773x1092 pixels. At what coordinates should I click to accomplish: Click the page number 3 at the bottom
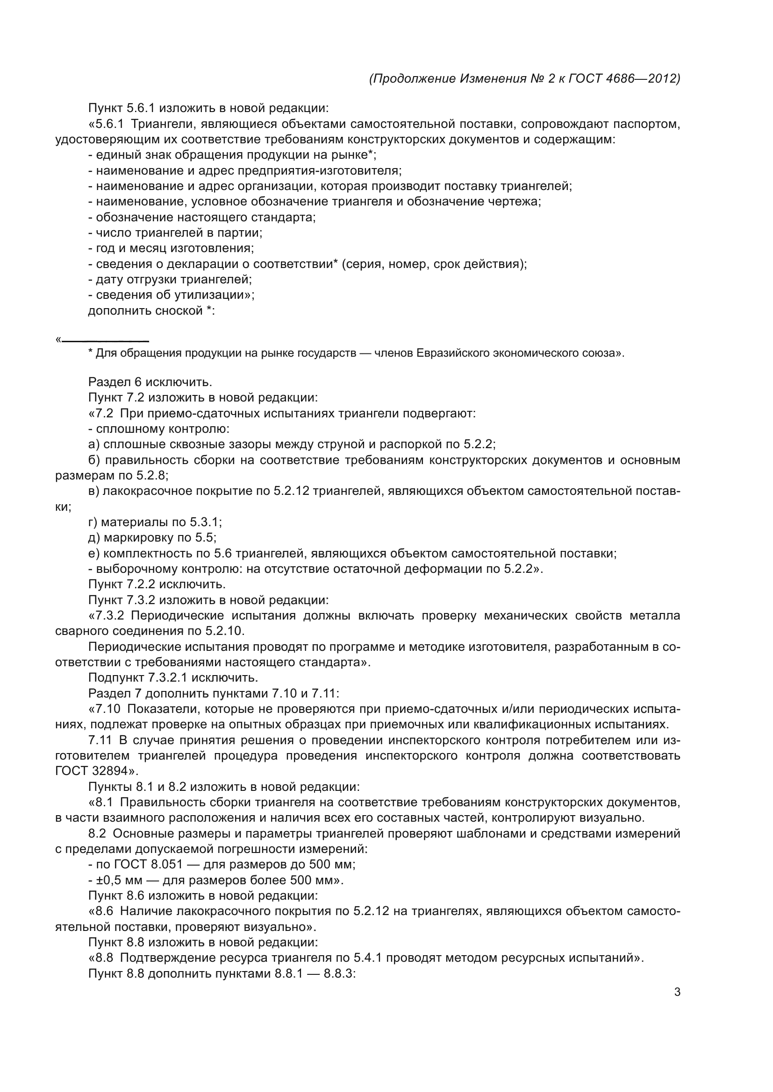(677, 992)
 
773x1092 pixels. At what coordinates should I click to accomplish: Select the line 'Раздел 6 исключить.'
(150, 382)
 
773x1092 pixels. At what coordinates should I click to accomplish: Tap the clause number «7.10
(105, 709)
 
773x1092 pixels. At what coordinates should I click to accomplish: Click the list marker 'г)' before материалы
(93, 522)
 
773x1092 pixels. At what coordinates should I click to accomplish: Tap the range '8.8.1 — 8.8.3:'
(315, 973)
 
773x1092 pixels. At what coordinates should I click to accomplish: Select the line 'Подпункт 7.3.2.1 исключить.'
(173, 677)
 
